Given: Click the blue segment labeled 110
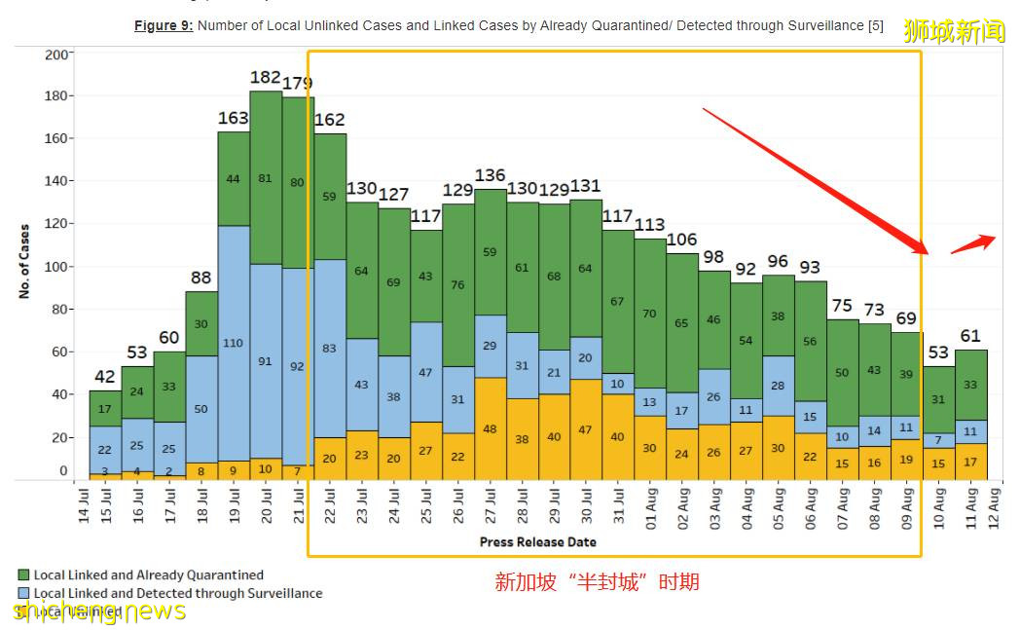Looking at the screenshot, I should pos(234,343).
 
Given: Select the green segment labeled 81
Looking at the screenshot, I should pos(266,177).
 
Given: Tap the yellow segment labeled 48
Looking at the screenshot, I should pos(491,428).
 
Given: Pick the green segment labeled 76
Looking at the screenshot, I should pos(458,284).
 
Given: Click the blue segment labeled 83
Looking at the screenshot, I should pos(330,348).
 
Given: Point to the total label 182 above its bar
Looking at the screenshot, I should pos(266,77).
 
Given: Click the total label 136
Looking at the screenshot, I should pos(491,175).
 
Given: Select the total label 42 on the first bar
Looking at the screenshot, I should pos(105,377).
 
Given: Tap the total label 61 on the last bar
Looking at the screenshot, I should pos(970,337).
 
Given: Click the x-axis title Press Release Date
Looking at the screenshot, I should pos(537,541).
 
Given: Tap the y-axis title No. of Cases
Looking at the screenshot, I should pos(24,260).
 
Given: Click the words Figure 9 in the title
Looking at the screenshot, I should pos(163,26).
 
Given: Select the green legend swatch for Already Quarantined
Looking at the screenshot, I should pos(24,575).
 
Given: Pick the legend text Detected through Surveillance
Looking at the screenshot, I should pos(178,593).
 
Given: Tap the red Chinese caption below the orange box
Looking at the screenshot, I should pos(597,582).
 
